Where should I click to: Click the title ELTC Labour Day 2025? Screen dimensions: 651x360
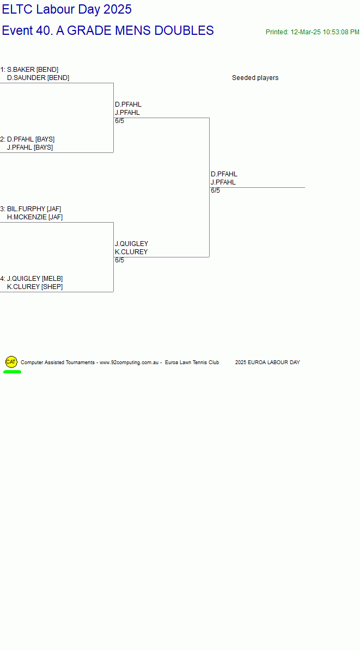(66, 10)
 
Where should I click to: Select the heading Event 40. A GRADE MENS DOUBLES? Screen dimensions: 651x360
(107, 30)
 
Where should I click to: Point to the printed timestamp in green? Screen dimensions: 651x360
(312, 32)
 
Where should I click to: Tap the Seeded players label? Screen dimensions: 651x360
(255, 78)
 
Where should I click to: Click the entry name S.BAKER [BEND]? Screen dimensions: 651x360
(33, 70)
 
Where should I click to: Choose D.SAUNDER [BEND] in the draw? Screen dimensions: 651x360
(38, 78)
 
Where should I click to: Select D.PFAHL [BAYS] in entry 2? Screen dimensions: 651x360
(30, 139)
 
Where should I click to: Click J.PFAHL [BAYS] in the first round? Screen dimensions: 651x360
(30, 148)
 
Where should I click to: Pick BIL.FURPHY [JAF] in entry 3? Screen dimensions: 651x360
(34, 209)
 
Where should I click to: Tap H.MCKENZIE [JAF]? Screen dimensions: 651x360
(35, 217)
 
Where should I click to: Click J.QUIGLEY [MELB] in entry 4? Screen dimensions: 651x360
(34, 279)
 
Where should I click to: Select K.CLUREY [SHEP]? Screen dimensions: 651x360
(35, 287)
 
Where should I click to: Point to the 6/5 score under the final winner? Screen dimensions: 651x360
(215, 191)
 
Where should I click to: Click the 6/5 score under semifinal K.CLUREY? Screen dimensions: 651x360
(119, 260)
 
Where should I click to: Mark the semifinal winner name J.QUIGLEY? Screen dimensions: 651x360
(131, 244)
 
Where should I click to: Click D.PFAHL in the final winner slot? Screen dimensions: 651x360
(224, 174)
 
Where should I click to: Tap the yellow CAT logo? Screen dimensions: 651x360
(11, 362)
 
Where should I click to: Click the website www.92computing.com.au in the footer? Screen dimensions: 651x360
(129, 363)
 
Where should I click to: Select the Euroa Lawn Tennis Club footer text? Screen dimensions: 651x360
(192, 363)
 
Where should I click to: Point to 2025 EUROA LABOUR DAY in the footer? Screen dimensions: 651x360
(267, 363)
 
